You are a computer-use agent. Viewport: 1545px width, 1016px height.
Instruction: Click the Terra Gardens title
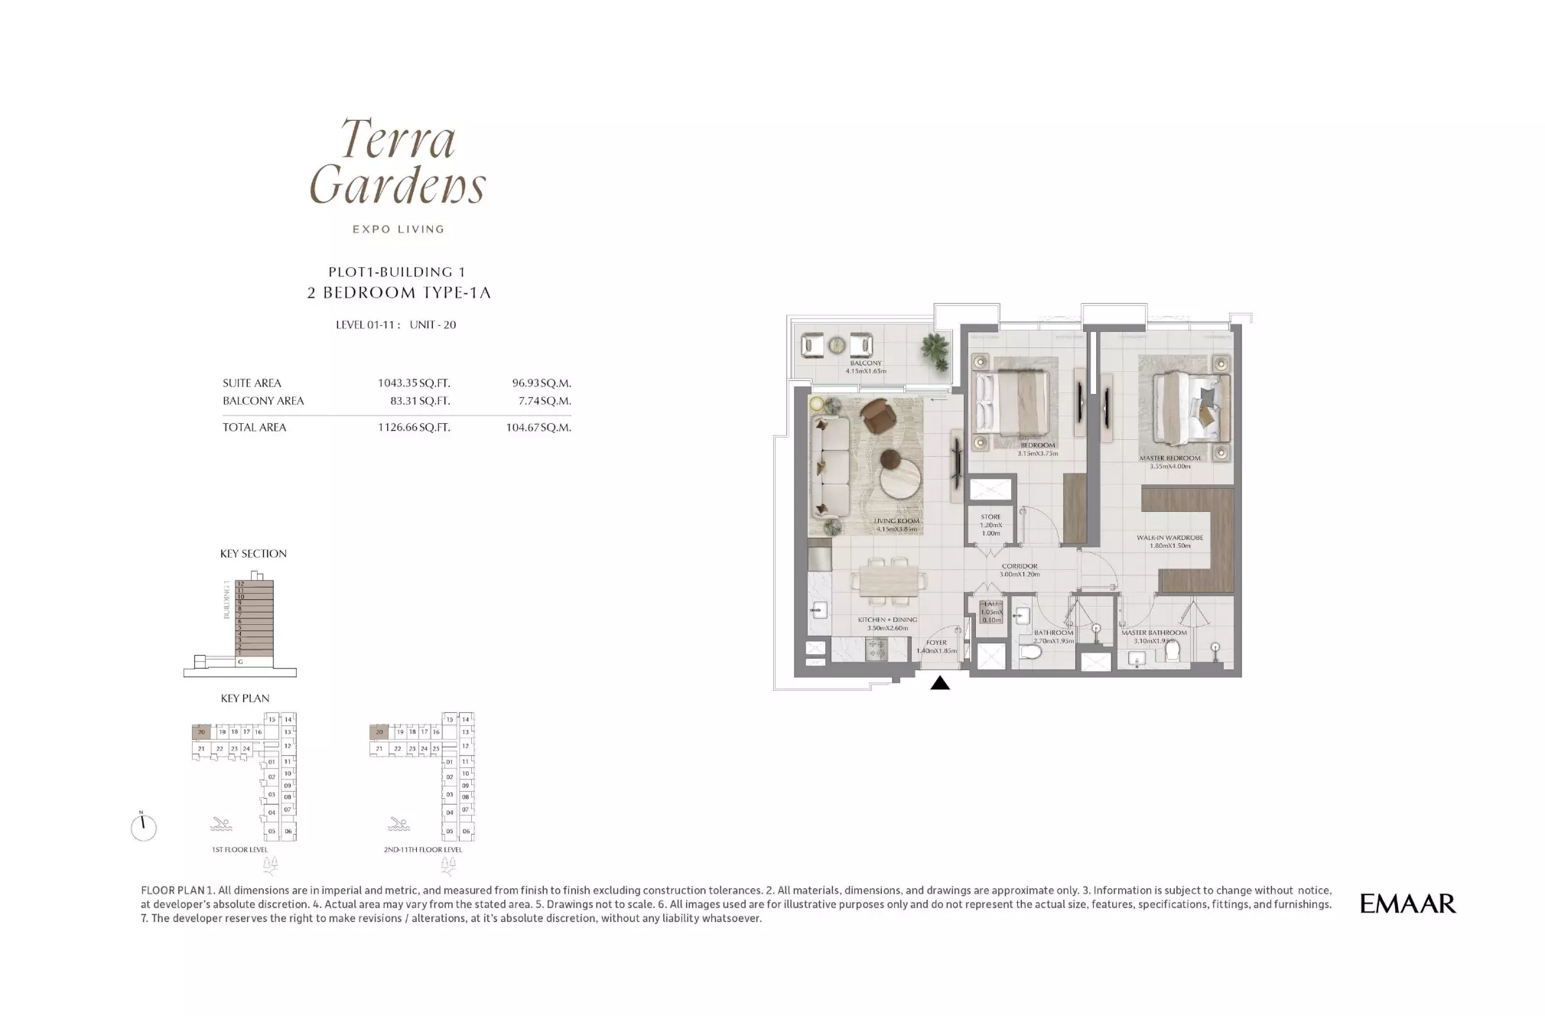(x=398, y=162)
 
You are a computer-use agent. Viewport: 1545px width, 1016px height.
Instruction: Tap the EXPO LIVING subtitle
(x=398, y=229)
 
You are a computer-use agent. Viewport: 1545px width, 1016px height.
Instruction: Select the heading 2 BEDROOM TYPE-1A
(x=398, y=292)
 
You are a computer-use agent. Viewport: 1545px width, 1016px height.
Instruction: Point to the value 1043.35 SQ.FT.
(x=414, y=383)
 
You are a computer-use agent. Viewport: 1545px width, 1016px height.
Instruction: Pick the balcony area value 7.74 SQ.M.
(x=545, y=401)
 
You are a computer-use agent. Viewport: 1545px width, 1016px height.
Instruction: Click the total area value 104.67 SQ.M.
(x=538, y=428)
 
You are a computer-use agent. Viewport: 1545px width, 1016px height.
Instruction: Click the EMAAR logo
(x=1407, y=904)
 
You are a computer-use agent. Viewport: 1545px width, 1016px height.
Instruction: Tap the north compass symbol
(x=143, y=827)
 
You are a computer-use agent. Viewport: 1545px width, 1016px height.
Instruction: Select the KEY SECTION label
(x=253, y=554)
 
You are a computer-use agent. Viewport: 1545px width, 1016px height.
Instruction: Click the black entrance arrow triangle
(x=940, y=683)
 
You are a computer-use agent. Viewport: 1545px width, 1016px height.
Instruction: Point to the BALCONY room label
(x=866, y=363)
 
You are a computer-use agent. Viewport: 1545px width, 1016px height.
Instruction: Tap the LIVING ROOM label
(x=896, y=522)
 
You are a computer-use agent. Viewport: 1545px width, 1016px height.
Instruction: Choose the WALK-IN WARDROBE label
(x=1169, y=538)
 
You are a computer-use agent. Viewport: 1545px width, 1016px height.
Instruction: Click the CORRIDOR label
(x=1020, y=567)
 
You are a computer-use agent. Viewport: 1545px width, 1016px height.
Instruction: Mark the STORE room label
(x=990, y=517)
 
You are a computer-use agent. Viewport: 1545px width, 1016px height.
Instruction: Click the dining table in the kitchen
(x=889, y=584)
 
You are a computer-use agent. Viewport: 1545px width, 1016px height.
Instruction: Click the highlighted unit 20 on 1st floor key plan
(x=201, y=732)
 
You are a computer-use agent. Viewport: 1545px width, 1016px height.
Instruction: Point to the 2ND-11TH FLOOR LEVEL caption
(x=423, y=849)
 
